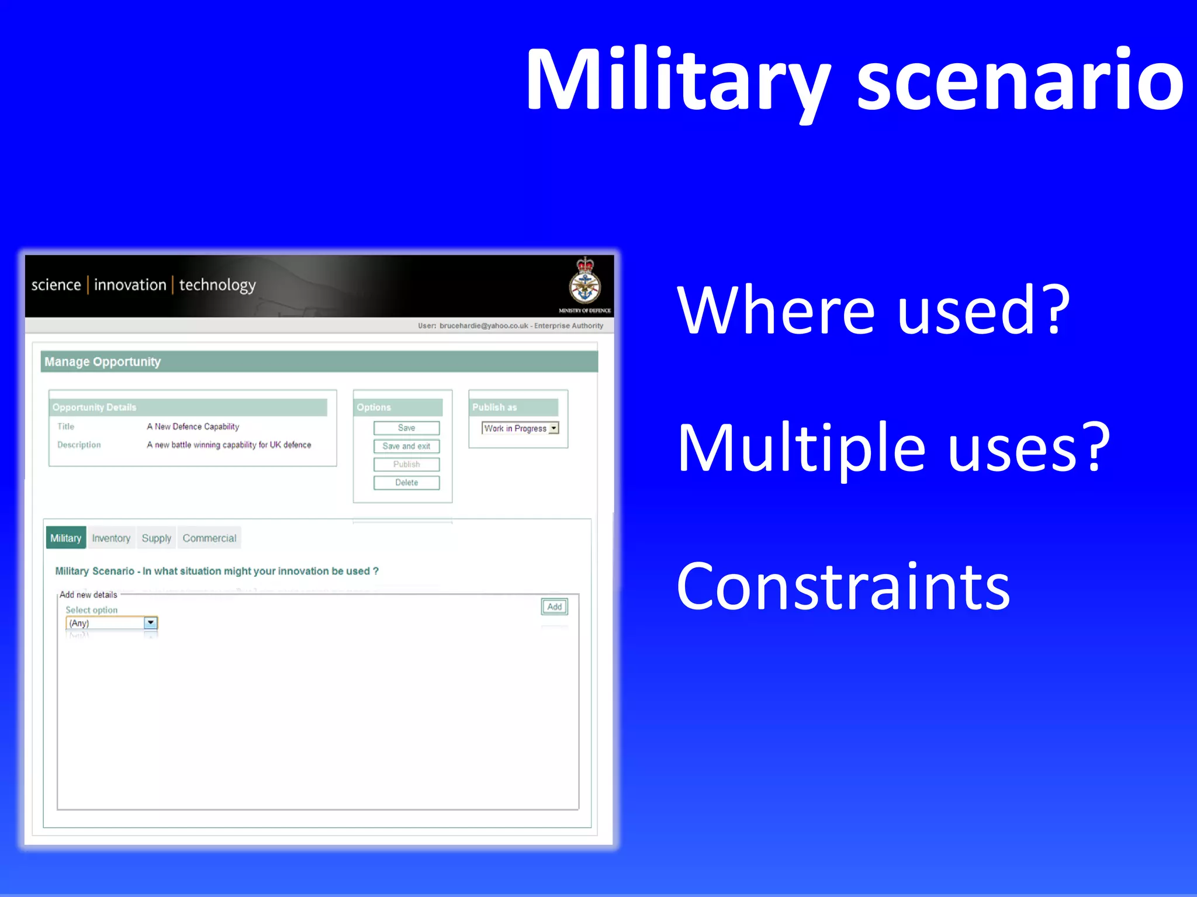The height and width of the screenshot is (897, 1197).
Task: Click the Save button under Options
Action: click(406, 428)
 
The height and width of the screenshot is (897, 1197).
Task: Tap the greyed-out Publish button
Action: click(406, 464)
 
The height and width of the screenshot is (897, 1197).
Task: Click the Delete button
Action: click(406, 483)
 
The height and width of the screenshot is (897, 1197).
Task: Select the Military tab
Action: click(65, 538)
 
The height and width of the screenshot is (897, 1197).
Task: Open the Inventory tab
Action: click(111, 538)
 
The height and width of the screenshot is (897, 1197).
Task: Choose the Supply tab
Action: click(156, 538)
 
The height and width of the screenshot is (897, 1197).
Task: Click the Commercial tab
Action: click(209, 538)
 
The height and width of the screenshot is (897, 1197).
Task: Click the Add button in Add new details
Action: click(554, 607)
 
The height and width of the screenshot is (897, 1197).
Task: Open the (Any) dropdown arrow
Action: click(151, 623)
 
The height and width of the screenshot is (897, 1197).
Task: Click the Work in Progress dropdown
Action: click(520, 428)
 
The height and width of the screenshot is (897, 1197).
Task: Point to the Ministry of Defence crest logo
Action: click(584, 282)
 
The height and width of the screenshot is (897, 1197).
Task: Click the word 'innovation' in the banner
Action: click(130, 285)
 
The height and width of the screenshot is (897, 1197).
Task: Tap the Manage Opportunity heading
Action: click(102, 362)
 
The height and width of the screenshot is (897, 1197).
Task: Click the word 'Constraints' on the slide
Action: click(843, 587)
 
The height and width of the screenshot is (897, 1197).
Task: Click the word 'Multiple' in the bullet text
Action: click(801, 449)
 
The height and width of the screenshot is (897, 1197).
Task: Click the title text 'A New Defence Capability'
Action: click(193, 427)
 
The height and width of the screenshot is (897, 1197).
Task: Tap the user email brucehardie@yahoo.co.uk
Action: click(483, 325)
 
